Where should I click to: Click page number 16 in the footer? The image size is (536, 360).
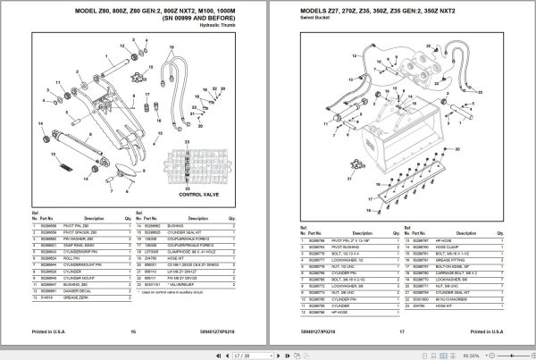click(132, 331)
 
